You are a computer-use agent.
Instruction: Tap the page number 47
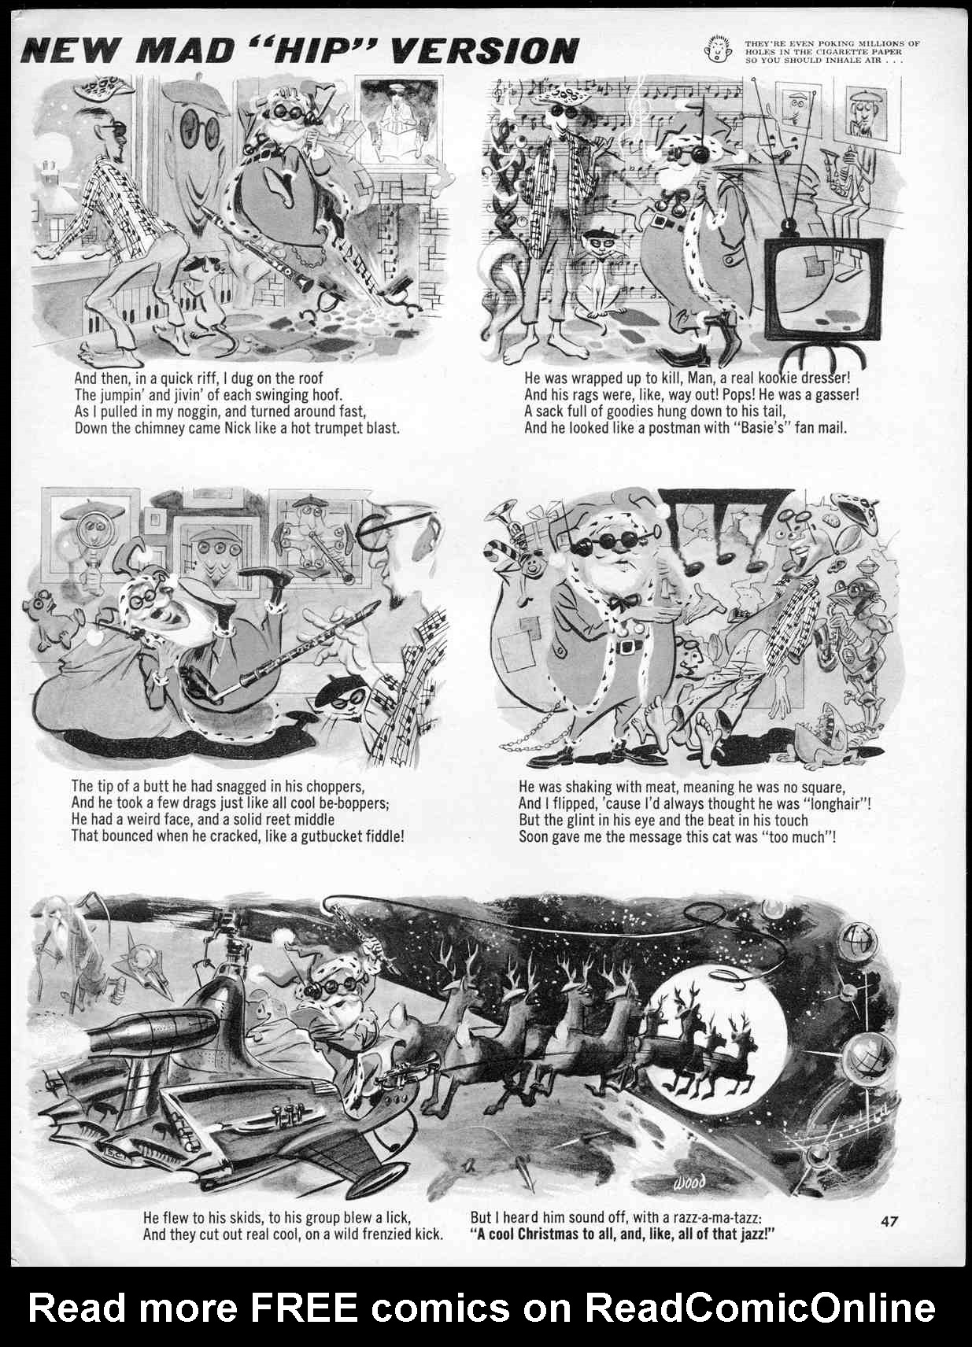coord(889,1221)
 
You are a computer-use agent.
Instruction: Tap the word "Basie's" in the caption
coord(757,429)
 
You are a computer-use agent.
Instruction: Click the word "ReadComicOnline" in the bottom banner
coord(759,1308)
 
